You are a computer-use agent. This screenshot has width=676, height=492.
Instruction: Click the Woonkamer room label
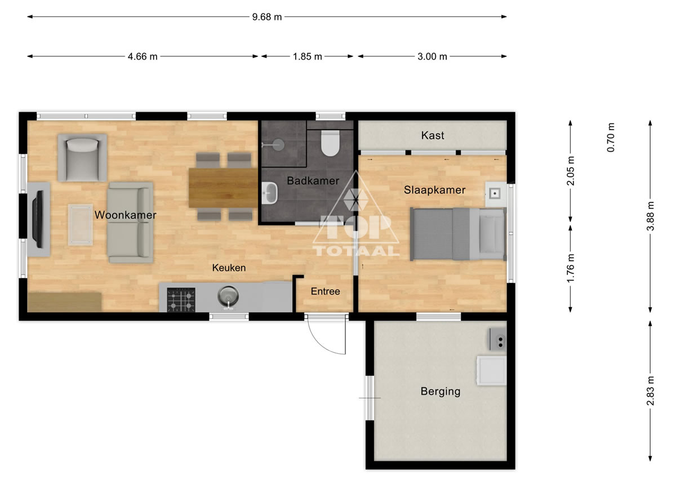coord(125,215)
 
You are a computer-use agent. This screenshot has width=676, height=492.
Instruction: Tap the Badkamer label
coord(313,181)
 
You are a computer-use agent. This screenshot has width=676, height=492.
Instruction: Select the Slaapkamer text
coord(434,190)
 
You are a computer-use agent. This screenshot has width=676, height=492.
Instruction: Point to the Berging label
coord(441,392)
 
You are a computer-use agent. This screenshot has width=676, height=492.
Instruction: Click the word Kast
coord(433,135)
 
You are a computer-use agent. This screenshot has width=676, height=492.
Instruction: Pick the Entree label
coord(326,291)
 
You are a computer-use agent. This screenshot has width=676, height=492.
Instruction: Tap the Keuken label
coord(229,268)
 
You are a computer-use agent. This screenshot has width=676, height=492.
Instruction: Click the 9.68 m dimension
coord(267,17)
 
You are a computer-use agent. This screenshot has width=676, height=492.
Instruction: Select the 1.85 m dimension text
coord(307,56)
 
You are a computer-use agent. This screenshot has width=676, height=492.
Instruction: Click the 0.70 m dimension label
coord(610,138)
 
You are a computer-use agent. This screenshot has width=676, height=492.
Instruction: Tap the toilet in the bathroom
coord(330,143)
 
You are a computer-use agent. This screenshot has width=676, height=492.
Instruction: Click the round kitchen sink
coord(228,296)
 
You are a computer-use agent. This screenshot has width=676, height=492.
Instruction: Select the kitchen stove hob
coord(181,300)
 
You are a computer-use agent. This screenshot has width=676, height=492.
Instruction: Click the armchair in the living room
coord(82,158)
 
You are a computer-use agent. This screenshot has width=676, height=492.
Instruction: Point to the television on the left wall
coord(38,219)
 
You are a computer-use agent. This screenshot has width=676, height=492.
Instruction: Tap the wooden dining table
coord(223,188)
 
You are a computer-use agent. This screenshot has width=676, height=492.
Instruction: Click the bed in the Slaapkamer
coord(458,234)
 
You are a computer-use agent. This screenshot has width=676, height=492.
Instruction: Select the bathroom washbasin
coord(270,193)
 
